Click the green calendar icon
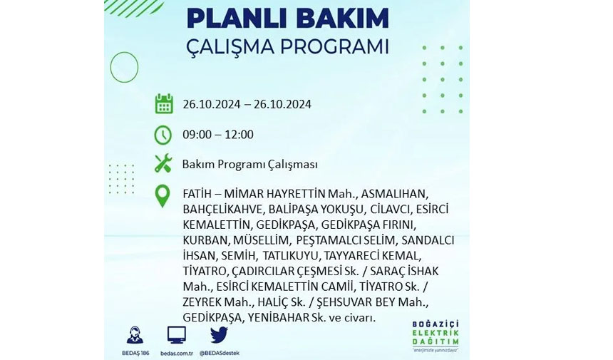164,103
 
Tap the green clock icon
163,135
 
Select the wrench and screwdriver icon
163,163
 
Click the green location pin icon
163,196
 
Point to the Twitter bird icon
219,335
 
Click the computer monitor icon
177,335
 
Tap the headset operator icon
135,335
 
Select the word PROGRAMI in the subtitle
334,47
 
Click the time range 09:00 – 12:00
218,135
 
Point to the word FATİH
197,193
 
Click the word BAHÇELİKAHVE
222,210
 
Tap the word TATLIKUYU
291,256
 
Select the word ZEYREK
202,302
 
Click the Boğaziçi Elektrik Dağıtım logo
436,336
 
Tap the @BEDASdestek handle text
219,353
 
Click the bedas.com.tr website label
177,353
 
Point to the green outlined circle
124,52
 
